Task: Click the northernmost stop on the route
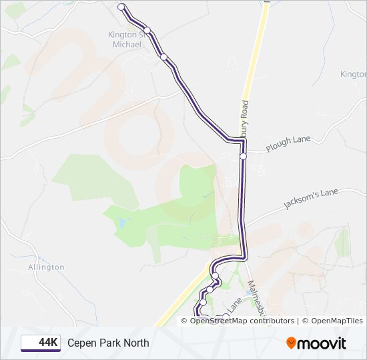click(121, 7)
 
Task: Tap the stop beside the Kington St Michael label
click(147, 30)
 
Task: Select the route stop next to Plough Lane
click(244, 156)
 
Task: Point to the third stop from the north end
click(164, 57)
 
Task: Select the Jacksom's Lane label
click(311, 199)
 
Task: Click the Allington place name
click(47, 267)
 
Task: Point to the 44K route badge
click(41, 343)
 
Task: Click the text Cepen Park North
click(108, 343)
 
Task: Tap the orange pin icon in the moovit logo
click(292, 343)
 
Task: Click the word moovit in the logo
click(322, 343)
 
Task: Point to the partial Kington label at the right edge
click(354, 75)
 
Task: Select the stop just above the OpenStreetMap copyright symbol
click(203, 303)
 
